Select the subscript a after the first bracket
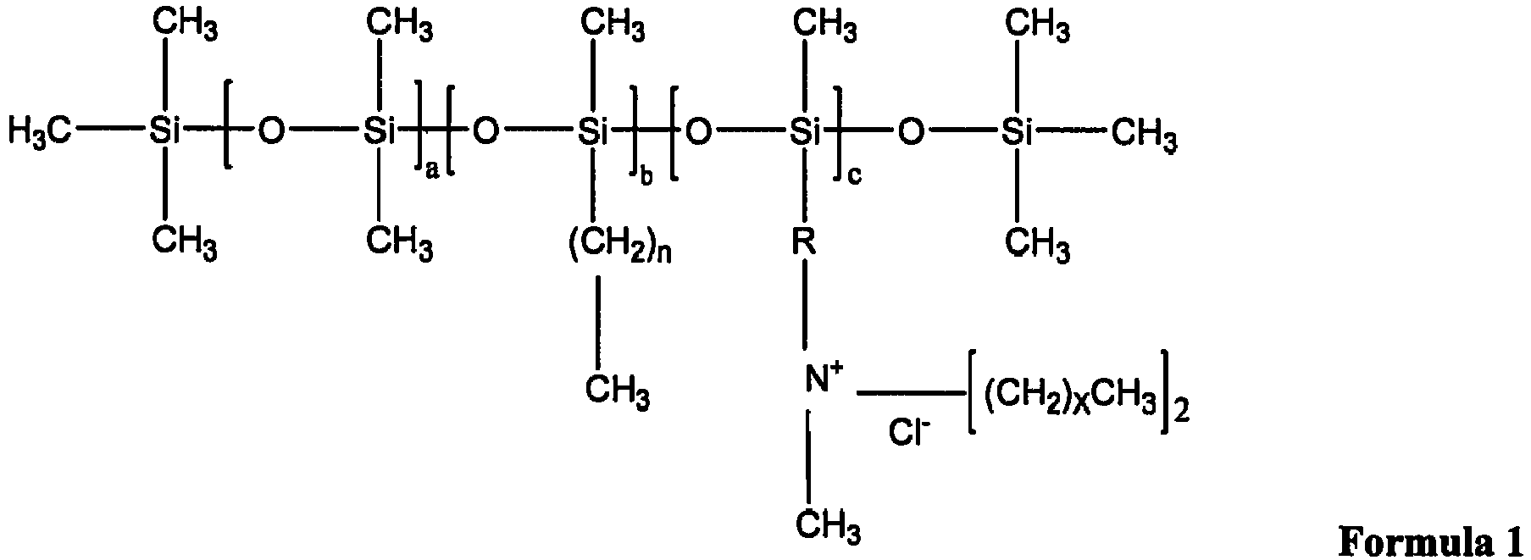pos(431,172)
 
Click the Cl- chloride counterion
pos(909,433)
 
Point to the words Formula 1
pos(1433,541)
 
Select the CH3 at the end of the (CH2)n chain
pos(619,392)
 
